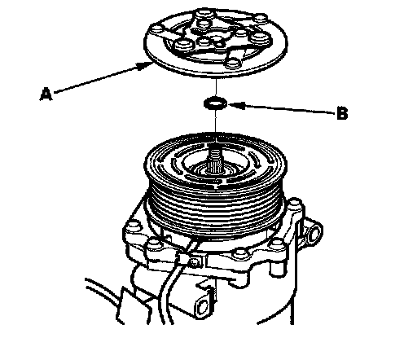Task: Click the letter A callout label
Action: coord(46,94)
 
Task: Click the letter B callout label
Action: coord(342,113)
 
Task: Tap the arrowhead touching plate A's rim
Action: coord(144,65)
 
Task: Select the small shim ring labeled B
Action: coord(215,103)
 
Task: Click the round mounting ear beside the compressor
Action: coord(314,232)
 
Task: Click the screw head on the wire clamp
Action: coord(194,262)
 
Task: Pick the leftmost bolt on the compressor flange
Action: coord(133,226)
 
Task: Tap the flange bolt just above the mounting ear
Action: coord(294,204)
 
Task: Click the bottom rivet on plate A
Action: coord(233,64)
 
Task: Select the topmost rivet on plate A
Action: coord(204,14)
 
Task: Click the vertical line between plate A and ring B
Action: coord(217,88)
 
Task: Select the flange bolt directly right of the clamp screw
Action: coord(241,254)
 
